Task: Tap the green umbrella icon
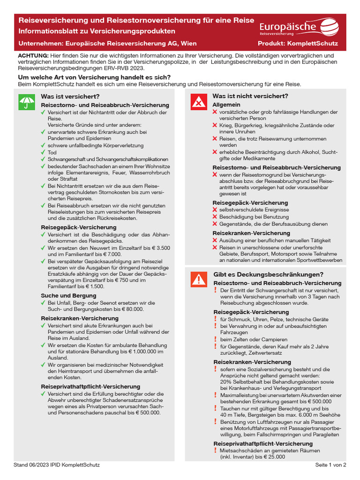(x=26, y=102)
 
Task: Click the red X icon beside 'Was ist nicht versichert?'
(x=199, y=102)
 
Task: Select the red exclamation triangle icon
(x=199, y=280)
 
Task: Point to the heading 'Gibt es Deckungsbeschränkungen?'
(x=262, y=274)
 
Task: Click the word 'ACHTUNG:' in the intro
(x=30, y=55)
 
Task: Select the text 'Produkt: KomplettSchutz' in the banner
(x=298, y=44)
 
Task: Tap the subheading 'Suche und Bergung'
(x=68, y=296)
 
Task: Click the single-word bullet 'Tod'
(x=52, y=152)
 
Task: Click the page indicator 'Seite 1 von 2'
(x=330, y=465)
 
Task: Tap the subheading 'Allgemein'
(x=226, y=105)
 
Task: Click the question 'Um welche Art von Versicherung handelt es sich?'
(x=94, y=77)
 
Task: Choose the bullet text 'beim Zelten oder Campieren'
(x=254, y=339)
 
